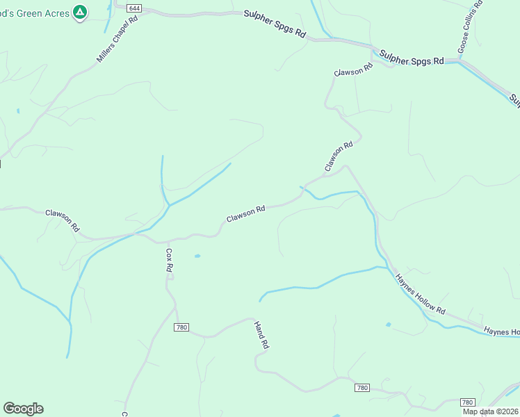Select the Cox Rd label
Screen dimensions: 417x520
click(x=168, y=259)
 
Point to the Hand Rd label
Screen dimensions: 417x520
click(x=261, y=336)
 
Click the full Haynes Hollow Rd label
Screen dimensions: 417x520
click(x=419, y=293)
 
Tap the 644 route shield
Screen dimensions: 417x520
click(x=134, y=8)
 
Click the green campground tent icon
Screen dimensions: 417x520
click(x=81, y=12)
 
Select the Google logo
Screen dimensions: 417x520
click(x=23, y=409)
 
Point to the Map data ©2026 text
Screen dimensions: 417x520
click(x=491, y=411)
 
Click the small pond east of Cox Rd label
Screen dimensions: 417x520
click(x=197, y=256)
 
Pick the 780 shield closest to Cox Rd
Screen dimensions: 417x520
click(x=182, y=327)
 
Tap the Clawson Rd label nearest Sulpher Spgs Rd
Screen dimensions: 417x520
click(x=354, y=69)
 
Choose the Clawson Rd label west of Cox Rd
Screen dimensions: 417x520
click(x=63, y=221)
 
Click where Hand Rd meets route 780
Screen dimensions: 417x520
click(x=253, y=319)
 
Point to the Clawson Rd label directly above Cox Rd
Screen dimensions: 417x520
click(x=245, y=213)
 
